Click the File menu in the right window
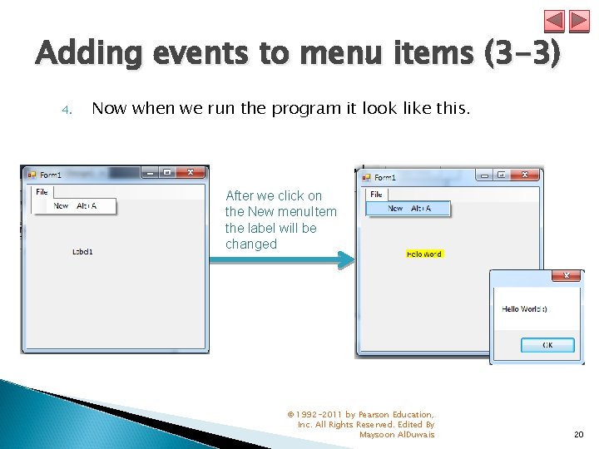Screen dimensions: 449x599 (x=376, y=194)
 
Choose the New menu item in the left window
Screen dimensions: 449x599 (x=62, y=205)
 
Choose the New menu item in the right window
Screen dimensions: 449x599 (x=396, y=209)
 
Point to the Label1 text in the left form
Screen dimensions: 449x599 (x=83, y=251)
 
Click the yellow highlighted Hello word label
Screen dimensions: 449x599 (x=424, y=254)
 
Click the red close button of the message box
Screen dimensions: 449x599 (x=567, y=276)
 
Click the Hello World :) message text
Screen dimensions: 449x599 (x=524, y=308)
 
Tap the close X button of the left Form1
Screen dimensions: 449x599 (x=191, y=173)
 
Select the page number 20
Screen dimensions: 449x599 (x=578, y=434)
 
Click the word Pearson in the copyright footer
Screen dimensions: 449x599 (x=375, y=414)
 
